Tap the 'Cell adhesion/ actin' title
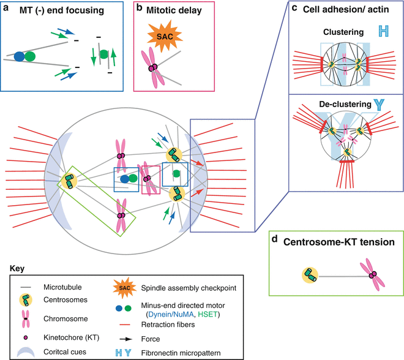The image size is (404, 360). tap(346, 9)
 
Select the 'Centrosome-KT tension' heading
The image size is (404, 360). tap(335, 242)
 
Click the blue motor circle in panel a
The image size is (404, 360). tap(20, 56)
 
